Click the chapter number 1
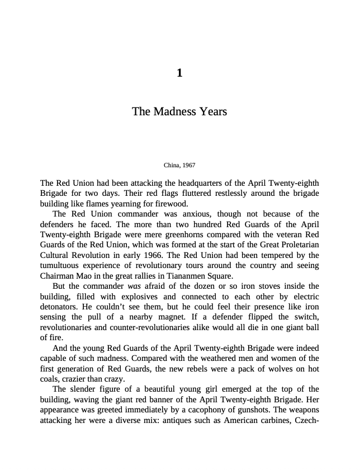pos(179,73)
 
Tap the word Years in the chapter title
pos(213,111)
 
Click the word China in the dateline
pos(170,165)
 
